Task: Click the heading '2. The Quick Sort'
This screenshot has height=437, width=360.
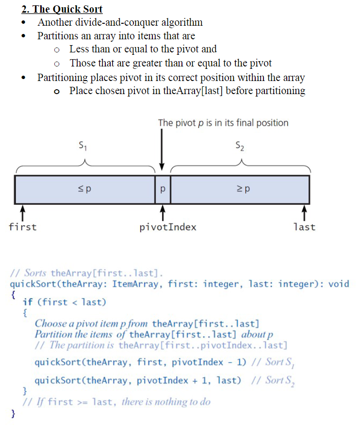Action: pyautogui.click(x=62, y=9)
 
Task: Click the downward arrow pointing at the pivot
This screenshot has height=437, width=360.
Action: pyautogui.click(x=162, y=150)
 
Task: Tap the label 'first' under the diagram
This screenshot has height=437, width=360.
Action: pyautogui.click(x=22, y=227)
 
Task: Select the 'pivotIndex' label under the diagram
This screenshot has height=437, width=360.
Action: pyautogui.click(x=168, y=227)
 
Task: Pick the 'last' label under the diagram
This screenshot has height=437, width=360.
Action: pyautogui.click(x=304, y=227)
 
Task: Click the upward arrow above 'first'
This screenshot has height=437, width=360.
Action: pyautogui.click(x=22, y=212)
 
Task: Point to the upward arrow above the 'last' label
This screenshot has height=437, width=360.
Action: pyautogui.click(x=304, y=212)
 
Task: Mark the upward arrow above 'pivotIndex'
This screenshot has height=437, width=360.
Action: pyautogui.click(x=163, y=212)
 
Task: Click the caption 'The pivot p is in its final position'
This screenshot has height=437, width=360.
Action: pyautogui.click(x=223, y=123)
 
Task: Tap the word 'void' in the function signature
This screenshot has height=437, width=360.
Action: pyautogui.click(x=339, y=284)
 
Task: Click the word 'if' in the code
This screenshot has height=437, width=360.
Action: pyautogui.click(x=28, y=302)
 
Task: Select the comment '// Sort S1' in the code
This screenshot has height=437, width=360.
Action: pyautogui.click(x=275, y=363)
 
